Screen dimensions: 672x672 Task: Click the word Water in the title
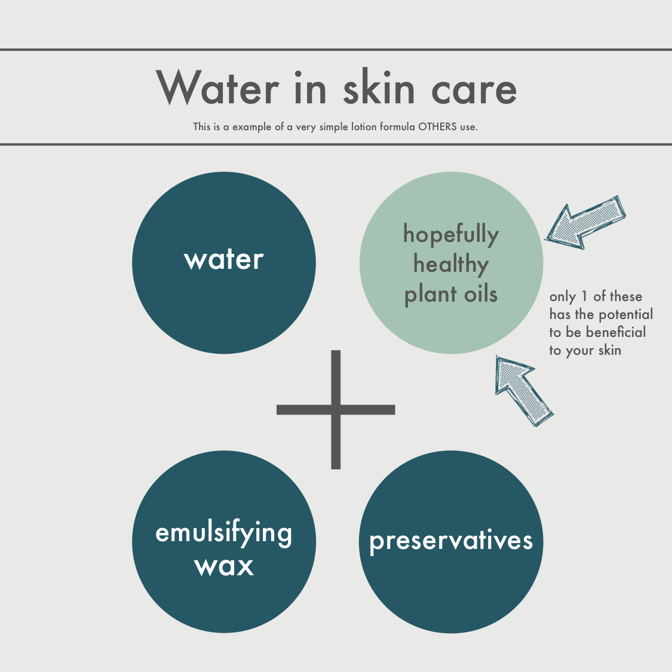click(217, 87)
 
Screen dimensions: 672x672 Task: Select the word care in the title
click(474, 90)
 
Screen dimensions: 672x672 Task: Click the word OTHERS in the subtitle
click(437, 127)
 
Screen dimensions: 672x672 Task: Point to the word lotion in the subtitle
click(364, 127)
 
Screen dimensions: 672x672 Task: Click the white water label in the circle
click(224, 260)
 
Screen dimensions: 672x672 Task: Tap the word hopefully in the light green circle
click(451, 235)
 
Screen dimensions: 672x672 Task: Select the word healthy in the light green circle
click(451, 264)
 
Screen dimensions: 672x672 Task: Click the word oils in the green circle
click(481, 294)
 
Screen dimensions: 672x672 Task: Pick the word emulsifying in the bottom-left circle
click(224, 533)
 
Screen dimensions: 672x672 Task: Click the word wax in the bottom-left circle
click(224, 566)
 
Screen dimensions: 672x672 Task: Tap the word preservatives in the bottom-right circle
click(451, 541)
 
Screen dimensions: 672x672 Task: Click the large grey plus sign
click(336, 410)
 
